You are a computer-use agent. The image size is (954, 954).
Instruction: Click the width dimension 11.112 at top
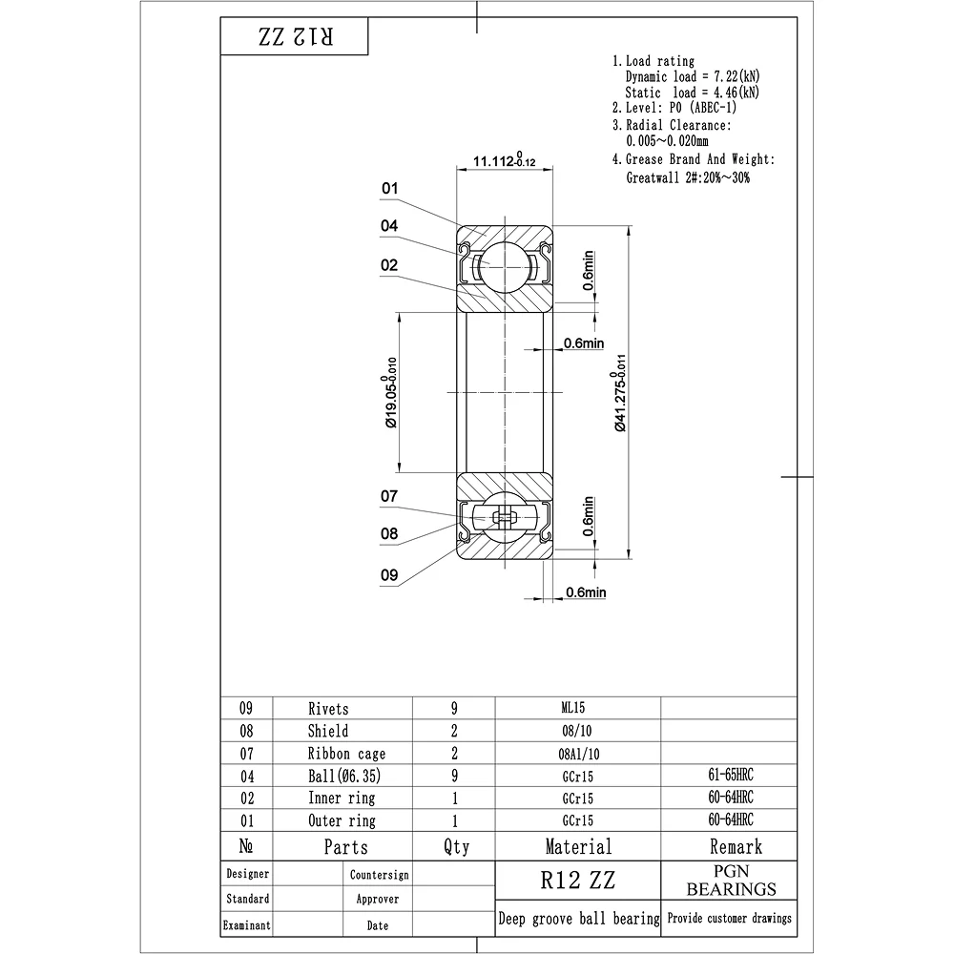(505, 160)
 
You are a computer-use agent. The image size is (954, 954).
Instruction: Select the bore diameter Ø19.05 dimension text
(391, 392)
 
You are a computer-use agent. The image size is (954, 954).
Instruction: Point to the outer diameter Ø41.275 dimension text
(619, 393)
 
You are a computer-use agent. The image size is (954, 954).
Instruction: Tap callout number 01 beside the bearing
(389, 189)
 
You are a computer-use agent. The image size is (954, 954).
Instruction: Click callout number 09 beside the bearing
(389, 575)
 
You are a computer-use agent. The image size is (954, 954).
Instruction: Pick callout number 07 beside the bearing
(389, 496)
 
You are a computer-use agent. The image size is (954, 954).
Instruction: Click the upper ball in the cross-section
(505, 266)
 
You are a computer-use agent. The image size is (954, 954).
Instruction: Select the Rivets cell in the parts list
(328, 709)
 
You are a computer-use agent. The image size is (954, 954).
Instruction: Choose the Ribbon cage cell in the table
(347, 754)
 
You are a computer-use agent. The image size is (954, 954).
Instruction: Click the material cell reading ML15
(573, 708)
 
